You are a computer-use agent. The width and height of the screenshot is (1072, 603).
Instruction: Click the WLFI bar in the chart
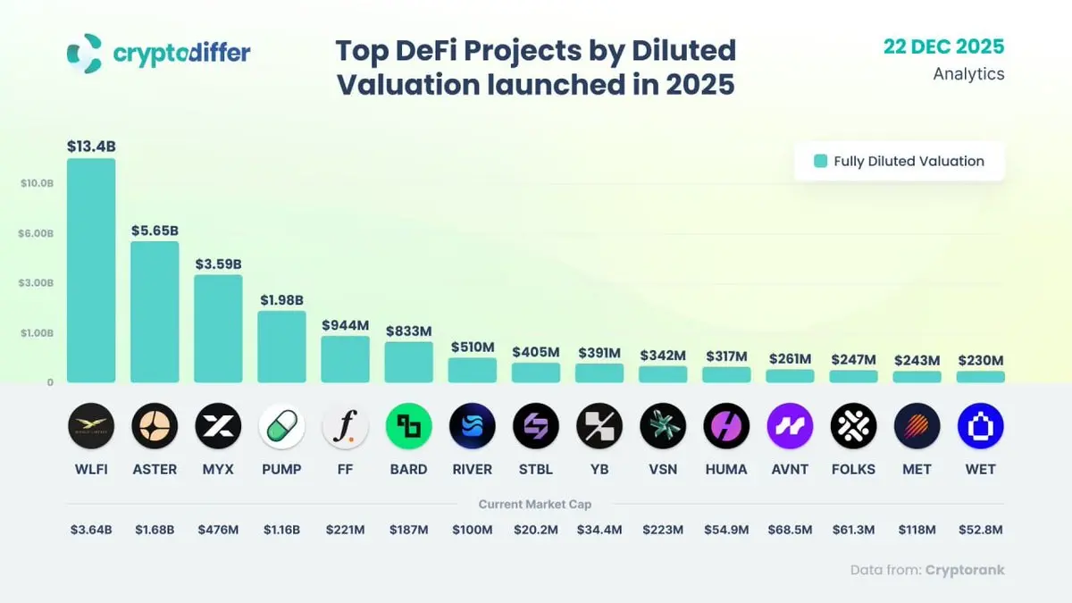[x=91, y=271]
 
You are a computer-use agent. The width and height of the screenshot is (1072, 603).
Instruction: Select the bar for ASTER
[x=155, y=312]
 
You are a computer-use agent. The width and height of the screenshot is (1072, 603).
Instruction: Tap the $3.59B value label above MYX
[x=218, y=264]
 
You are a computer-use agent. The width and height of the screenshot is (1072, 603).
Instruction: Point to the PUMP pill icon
[x=281, y=426]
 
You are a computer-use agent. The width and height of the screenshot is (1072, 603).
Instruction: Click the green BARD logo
[x=408, y=426]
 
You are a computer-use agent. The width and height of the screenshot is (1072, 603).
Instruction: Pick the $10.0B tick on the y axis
[x=38, y=183]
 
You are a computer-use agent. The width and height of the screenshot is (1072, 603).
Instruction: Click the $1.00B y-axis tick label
[x=38, y=333]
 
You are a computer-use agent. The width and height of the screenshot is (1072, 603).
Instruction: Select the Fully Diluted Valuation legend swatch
[x=820, y=162]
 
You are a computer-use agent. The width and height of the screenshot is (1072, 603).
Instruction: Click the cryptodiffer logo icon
[x=85, y=53]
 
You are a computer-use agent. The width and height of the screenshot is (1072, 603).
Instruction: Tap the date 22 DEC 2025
[x=943, y=46]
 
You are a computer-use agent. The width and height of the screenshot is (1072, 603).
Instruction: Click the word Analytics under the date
[x=968, y=74]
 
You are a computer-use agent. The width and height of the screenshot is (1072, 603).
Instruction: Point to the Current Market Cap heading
[x=535, y=505]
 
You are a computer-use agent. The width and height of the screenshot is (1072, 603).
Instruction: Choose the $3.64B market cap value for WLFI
[x=91, y=530]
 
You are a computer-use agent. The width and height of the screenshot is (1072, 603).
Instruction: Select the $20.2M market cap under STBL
[x=536, y=530]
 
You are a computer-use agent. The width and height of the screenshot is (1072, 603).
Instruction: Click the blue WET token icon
[x=980, y=426]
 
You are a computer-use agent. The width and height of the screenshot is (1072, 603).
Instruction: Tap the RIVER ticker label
[x=472, y=469]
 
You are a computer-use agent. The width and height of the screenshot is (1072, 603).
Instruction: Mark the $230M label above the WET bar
[x=980, y=360]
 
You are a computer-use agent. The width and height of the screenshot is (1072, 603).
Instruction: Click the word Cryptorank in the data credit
[x=965, y=570]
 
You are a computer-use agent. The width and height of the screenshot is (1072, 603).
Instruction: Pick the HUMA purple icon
[x=726, y=426]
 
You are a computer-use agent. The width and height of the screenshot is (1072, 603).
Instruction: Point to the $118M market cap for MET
[x=917, y=530]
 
